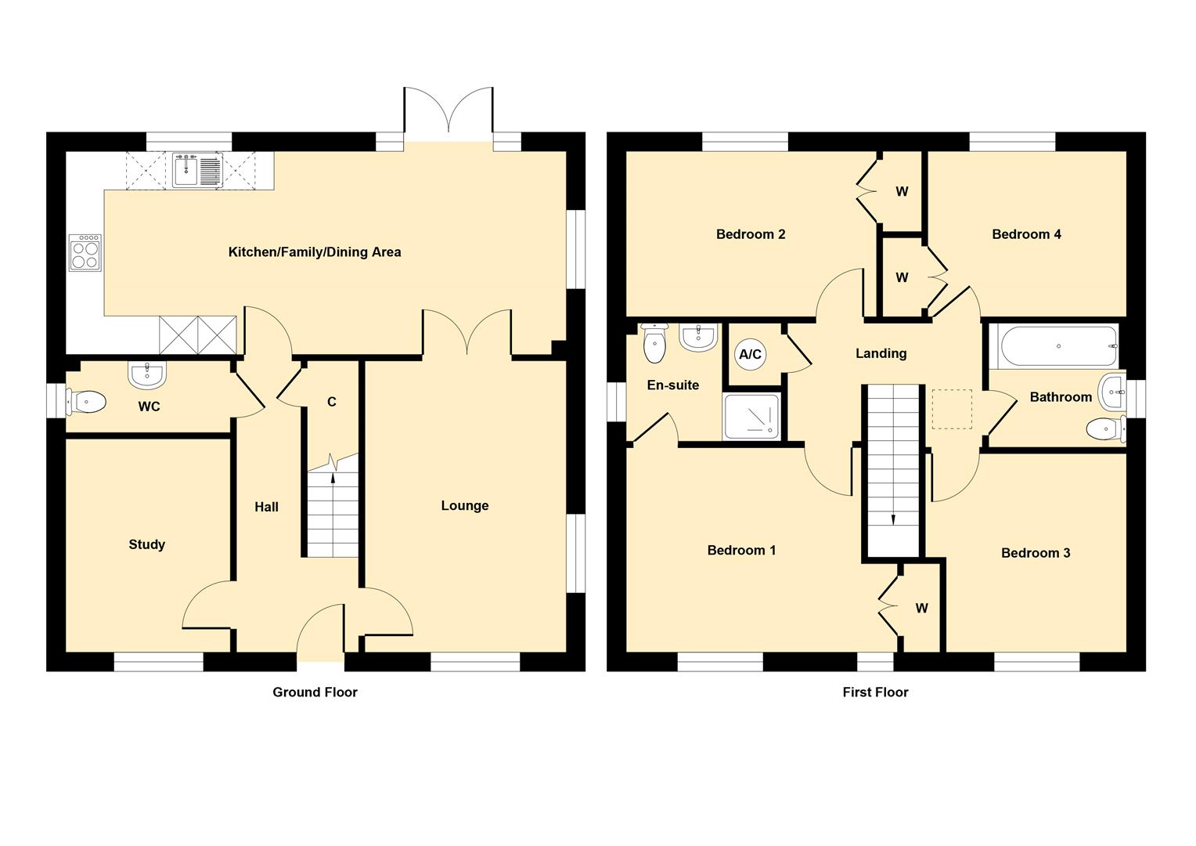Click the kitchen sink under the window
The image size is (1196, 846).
tap(197, 170)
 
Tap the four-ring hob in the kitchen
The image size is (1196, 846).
tap(85, 253)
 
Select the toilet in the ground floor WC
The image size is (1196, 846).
tap(85, 402)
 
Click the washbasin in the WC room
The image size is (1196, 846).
tap(147, 374)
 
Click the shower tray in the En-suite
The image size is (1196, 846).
tap(751, 417)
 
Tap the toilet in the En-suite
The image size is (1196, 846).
tap(654, 342)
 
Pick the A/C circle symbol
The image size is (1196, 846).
tap(750, 354)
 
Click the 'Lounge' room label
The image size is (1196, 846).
tap(464, 505)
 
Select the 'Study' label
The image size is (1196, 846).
tap(147, 544)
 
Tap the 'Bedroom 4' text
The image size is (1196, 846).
tap(1026, 234)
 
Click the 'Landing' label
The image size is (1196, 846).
tap(881, 353)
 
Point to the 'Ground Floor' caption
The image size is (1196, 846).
tap(315, 692)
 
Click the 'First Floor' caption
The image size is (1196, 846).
tap(875, 692)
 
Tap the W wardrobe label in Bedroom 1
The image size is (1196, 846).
tap(921, 608)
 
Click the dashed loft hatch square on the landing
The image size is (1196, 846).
tap(952, 410)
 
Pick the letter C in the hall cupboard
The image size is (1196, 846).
tap(332, 402)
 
